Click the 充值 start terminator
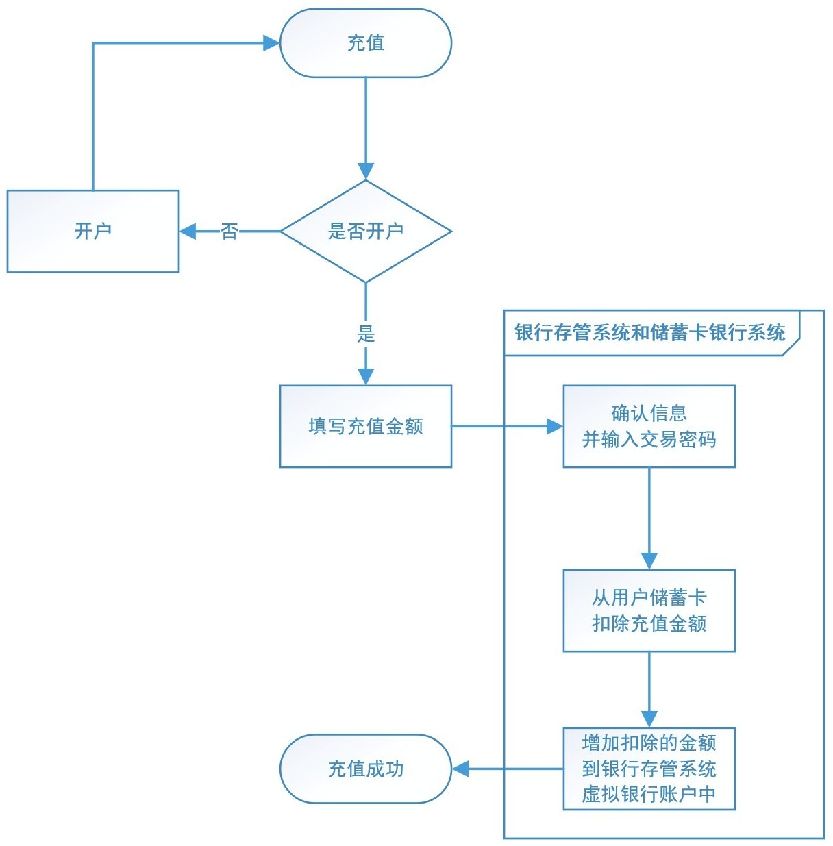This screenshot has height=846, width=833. point(366,43)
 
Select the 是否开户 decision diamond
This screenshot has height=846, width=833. point(366,232)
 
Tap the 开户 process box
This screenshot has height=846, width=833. point(93,232)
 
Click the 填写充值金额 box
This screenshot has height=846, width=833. point(366,426)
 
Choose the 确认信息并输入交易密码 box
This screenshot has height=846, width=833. point(649,426)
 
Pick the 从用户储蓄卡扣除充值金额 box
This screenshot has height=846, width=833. point(649,610)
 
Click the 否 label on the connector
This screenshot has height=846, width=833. point(229,232)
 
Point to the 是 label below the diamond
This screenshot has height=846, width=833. point(366,334)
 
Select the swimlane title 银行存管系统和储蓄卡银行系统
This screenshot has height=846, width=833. point(649,332)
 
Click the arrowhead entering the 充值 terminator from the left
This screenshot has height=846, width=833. point(271,43)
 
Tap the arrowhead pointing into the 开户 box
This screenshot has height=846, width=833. point(188,232)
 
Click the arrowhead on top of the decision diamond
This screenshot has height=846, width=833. point(366,172)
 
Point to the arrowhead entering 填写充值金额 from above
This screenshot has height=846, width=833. point(366,377)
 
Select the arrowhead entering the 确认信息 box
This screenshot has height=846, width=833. point(555,426)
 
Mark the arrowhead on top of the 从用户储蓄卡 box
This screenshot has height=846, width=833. point(649,561)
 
